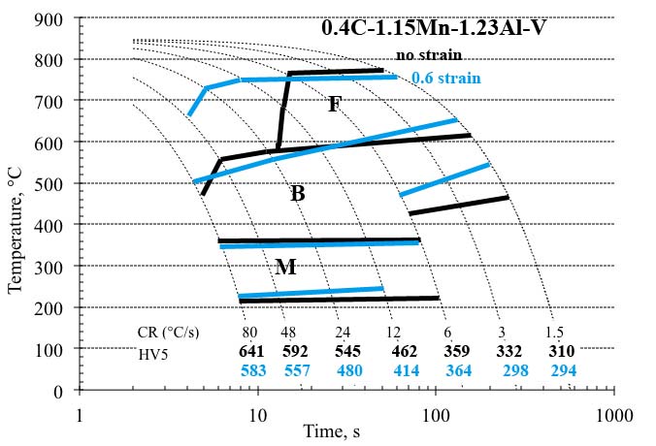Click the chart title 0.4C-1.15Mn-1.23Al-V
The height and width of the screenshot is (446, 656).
[x=433, y=27]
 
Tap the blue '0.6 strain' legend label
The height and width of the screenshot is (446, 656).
[x=445, y=78]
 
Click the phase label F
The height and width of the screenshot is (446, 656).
[x=334, y=105]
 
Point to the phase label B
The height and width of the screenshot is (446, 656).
[x=298, y=194]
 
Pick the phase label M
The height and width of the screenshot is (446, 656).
[x=285, y=267]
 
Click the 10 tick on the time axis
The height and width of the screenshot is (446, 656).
[x=257, y=414]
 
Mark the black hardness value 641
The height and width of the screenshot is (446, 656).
[x=253, y=351]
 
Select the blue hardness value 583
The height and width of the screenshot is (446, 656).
[x=253, y=370]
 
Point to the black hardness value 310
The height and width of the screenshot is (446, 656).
[x=561, y=351]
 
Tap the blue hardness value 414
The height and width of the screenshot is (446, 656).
[x=407, y=370]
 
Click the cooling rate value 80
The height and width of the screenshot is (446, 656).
[x=250, y=333]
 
